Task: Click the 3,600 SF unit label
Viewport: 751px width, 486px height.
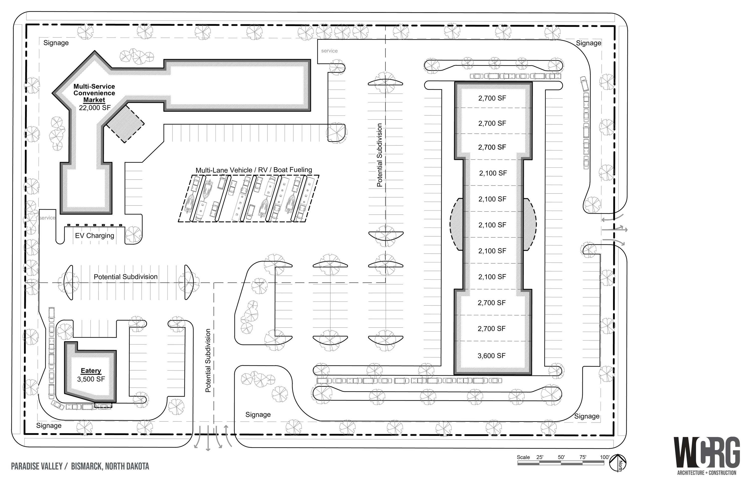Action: click(x=491, y=356)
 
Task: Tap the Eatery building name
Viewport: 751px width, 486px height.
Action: click(x=91, y=371)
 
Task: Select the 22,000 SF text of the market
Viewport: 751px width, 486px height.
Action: click(x=95, y=108)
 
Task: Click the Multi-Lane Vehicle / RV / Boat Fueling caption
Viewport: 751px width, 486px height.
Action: click(x=254, y=170)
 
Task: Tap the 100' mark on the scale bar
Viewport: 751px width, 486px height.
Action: click(x=605, y=457)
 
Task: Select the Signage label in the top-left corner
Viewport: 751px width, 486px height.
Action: click(x=56, y=43)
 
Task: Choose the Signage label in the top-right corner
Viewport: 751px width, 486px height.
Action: click(x=589, y=43)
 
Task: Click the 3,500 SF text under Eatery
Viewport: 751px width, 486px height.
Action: click(x=91, y=379)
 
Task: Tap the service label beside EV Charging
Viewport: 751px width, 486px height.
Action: click(x=47, y=218)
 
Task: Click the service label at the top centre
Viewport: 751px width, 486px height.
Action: click(x=329, y=51)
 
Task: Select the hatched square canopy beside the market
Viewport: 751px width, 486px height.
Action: click(x=125, y=124)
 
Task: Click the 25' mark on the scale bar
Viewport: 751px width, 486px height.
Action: click(x=539, y=457)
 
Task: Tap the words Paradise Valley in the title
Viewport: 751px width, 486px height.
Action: click(x=37, y=466)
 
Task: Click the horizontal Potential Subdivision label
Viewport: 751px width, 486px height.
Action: click(x=126, y=277)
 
